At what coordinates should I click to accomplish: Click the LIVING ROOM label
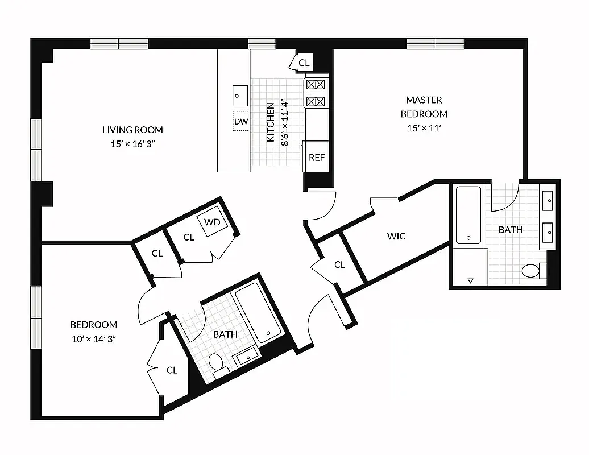click(132, 130)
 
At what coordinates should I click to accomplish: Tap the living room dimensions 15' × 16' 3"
click(132, 144)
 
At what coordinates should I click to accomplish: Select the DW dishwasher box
click(240, 122)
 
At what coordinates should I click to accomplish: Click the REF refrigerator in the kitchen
click(317, 158)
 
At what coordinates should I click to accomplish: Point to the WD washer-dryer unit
click(213, 222)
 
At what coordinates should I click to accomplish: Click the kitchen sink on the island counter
click(240, 95)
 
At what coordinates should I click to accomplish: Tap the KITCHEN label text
click(271, 122)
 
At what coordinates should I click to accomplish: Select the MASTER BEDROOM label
click(424, 107)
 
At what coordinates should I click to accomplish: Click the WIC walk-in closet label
click(396, 235)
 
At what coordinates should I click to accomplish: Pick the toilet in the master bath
click(531, 271)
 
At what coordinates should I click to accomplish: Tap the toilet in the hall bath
click(215, 361)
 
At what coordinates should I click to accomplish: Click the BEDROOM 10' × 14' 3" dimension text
click(94, 339)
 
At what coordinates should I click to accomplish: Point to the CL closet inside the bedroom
click(172, 370)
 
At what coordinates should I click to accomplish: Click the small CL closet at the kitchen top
click(304, 63)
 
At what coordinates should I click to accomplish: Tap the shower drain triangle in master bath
click(470, 280)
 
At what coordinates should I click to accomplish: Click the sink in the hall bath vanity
click(247, 358)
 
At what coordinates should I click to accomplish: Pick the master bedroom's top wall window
click(435, 43)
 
